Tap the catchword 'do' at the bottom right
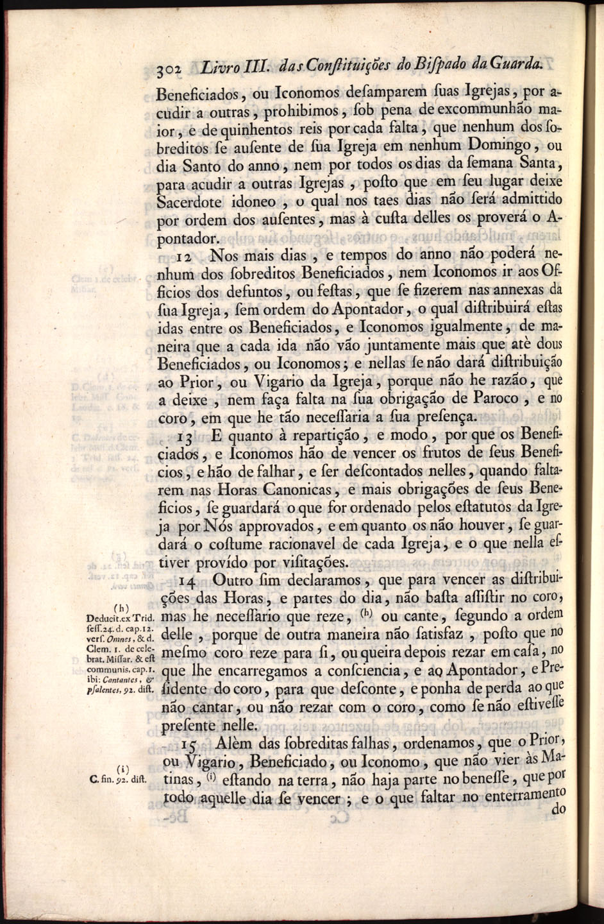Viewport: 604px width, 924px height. point(558,810)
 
